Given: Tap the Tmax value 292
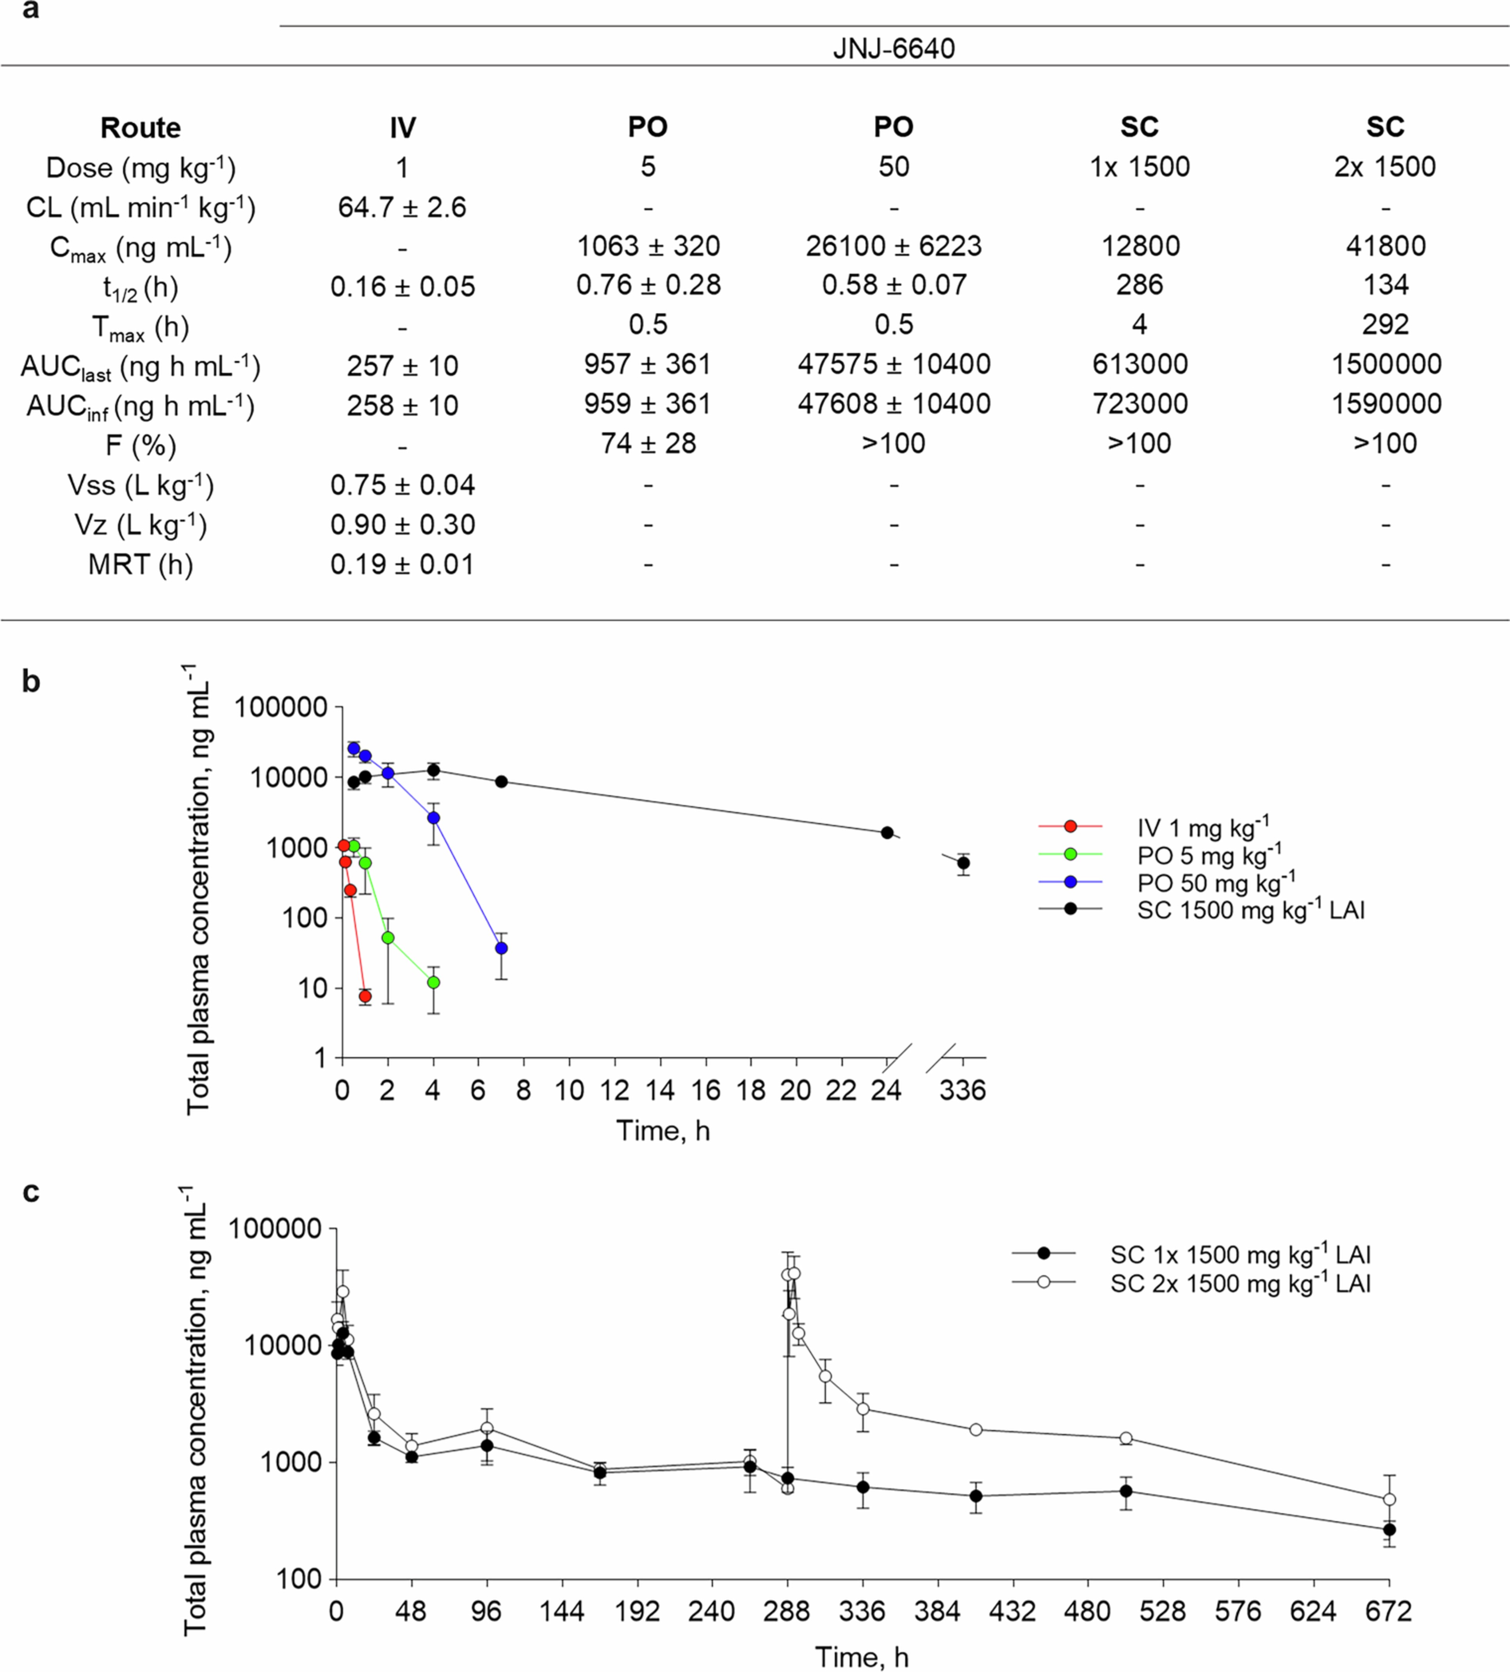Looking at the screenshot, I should [x=1385, y=324].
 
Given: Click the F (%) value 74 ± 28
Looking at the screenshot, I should [x=648, y=444].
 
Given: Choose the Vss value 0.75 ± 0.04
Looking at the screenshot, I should [x=402, y=485].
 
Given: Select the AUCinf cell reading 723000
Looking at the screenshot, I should [x=1140, y=404].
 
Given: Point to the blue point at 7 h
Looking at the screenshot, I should [x=501, y=948].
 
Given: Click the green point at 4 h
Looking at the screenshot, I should [x=433, y=982].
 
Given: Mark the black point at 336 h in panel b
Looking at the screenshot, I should [x=963, y=863].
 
